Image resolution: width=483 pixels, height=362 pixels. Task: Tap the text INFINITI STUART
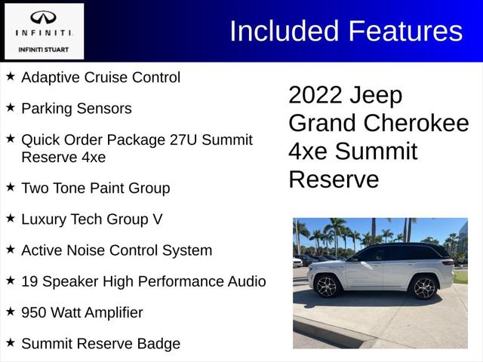click(x=43, y=49)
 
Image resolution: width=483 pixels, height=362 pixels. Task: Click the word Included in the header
click(x=284, y=31)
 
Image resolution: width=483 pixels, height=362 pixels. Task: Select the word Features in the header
click(x=405, y=31)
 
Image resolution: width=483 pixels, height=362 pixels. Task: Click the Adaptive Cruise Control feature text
click(x=100, y=77)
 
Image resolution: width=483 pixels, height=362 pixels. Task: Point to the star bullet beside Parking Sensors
click(x=10, y=108)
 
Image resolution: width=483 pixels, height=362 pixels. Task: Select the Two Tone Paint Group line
click(x=96, y=188)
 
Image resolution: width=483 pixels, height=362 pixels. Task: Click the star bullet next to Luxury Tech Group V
click(x=10, y=219)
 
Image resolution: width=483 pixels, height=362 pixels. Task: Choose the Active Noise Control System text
click(x=116, y=250)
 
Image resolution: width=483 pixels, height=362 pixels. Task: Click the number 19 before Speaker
click(x=30, y=281)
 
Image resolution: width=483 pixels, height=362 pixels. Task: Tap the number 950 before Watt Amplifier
click(x=35, y=312)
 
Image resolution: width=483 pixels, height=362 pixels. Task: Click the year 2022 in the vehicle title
click(x=315, y=95)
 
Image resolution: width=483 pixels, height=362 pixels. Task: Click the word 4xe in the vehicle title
click(x=308, y=152)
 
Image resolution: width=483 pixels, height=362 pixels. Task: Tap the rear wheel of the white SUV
click(x=328, y=287)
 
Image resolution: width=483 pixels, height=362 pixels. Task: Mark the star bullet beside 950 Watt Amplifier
click(x=10, y=311)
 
